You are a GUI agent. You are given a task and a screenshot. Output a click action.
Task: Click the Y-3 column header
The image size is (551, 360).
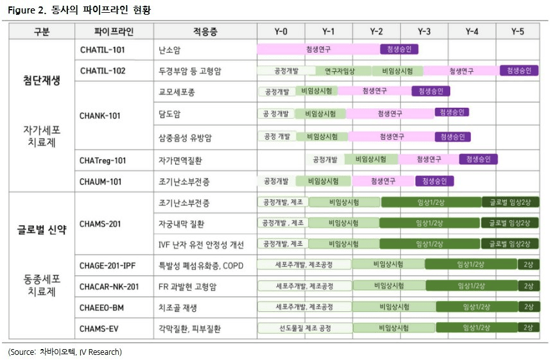click(x=424, y=31)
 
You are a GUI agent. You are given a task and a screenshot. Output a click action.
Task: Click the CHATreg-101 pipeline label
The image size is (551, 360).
click(x=103, y=159)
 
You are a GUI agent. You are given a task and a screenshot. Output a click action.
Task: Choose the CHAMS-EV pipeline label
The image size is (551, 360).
click(x=101, y=328)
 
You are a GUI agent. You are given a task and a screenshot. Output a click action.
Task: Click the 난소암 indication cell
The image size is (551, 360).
click(x=169, y=49)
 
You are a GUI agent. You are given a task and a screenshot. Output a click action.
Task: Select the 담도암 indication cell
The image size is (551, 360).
click(x=169, y=114)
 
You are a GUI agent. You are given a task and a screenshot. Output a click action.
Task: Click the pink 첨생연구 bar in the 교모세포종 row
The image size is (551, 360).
click(x=373, y=92)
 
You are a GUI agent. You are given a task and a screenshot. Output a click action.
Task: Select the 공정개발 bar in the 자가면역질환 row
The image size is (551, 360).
click(x=325, y=159)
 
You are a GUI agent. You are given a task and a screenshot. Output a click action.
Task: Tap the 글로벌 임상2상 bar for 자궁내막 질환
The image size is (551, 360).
click(x=510, y=223)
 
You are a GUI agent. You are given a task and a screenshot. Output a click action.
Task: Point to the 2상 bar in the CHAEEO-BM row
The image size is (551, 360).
click(x=528, y=307)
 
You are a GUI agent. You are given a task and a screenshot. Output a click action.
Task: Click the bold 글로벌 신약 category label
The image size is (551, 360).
click(x=42, y=230)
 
